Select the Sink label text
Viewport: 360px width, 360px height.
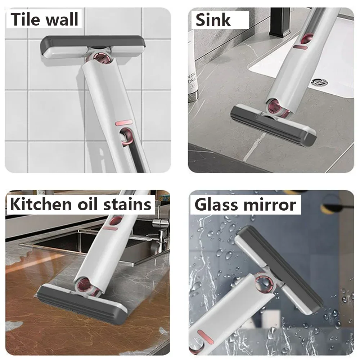213,20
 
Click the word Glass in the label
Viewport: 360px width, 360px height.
217,204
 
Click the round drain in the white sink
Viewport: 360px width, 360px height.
319,82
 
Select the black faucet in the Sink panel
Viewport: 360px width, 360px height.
279,22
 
